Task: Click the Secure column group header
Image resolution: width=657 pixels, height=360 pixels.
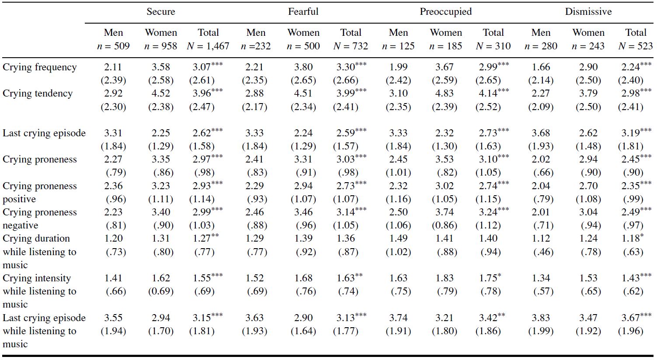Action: (161, 12)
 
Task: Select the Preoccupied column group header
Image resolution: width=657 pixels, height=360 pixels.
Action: (445, 12)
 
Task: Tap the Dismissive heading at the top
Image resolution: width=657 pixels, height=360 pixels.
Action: (588, 12)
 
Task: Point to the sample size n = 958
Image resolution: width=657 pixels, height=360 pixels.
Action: (161, 46)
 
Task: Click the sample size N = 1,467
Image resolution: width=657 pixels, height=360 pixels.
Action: (208, 46)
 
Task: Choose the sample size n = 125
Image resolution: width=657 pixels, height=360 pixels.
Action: (398, 46)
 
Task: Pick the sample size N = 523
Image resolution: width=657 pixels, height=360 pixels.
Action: (636, 46)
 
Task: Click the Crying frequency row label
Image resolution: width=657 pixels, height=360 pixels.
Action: (40, 67)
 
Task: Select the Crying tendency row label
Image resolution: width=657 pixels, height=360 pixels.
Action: (38, 93)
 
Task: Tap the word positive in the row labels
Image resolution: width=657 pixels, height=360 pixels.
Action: (19, 199)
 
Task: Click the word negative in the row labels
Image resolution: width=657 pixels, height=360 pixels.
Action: (21, 225)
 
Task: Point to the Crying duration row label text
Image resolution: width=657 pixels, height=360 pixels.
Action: (36, 239)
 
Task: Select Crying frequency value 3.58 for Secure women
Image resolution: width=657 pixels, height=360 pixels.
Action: (161, 67)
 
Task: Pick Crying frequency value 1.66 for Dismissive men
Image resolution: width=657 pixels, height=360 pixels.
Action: (541, 67)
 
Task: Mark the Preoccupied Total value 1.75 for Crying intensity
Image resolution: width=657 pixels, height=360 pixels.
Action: (488, 278)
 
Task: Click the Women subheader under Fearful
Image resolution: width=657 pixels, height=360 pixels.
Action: (303, 33)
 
